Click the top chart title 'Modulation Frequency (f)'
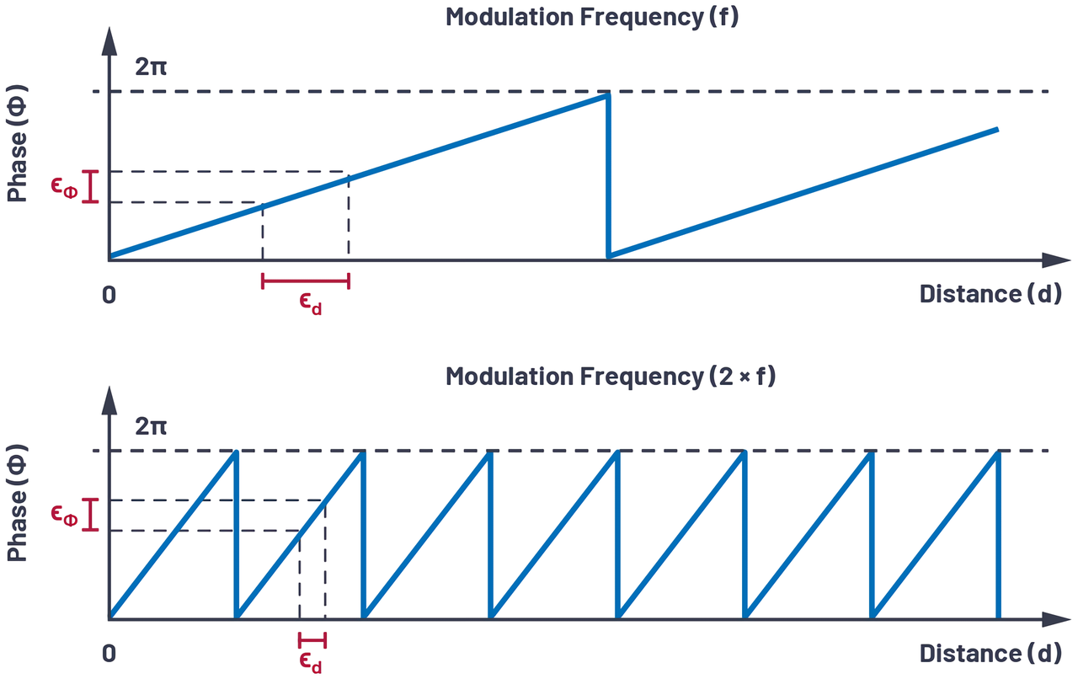tap(591, 17)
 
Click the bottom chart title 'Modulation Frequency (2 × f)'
tap(611, 376)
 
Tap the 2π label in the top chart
tap(151, 66)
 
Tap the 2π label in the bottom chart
tap(151, 425)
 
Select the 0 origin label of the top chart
tap(108, 295)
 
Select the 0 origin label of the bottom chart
tap(108, 655)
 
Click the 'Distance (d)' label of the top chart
tap(990, 294)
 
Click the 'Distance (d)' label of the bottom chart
tap(990, 654)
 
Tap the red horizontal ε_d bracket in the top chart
tap(306, 281)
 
